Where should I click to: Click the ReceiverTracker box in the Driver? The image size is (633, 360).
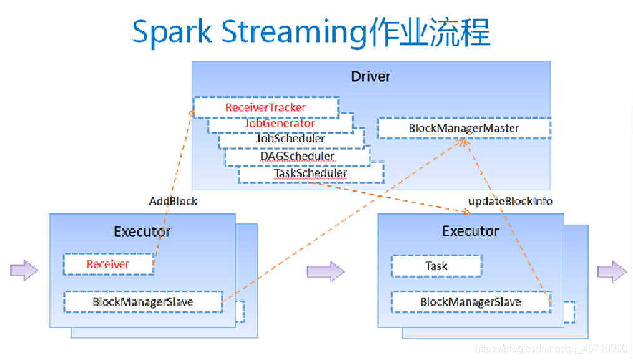[x=265, y=107]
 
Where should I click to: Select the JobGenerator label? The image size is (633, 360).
[x=280, y=124]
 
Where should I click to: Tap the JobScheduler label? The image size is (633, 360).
[x=291, y=139]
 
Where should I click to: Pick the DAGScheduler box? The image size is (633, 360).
[x=297, y=156]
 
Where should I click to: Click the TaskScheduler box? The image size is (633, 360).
[x=310, y=173]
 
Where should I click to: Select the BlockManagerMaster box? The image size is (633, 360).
[x=464, y=128]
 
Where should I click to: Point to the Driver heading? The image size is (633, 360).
[x=371, y=77]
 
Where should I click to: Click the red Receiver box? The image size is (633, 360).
[x=108, y=265]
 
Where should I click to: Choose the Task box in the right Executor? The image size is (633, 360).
[x=436, y=266]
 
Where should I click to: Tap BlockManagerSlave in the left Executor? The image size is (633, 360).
[x=143, y=302]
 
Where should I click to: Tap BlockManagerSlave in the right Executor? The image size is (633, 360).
[x=470, y=302]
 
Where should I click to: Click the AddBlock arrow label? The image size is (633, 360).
[x=173, y=201]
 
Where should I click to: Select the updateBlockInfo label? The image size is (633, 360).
[x=510, y=201]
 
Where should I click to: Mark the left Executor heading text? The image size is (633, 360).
[x=142, y=231]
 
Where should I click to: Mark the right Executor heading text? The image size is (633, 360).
[x=471, y=231]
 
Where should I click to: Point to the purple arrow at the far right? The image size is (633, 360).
[x=611, y=271]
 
